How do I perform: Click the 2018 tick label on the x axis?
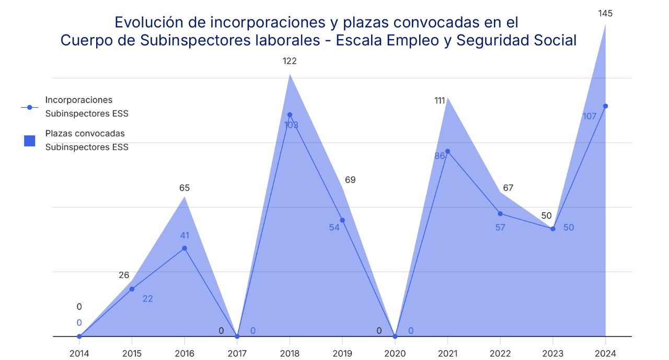coord(290,353)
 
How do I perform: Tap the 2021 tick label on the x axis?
coord(447,353)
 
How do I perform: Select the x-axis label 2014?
coord(79,353)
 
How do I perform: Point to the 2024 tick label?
coord(605,353)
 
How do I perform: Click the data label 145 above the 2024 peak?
coord(605,14)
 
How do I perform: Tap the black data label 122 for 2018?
coord(290,61)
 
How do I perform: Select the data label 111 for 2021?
coord(440,100)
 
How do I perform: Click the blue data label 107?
coord(589,117)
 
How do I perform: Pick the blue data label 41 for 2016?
coord(184,235)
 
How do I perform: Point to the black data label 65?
coord(184,188)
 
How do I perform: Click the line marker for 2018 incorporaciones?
coord(290,114)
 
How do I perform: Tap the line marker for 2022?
coord(500,214)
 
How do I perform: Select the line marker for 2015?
coord(132,289)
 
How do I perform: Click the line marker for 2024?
coord(605,106)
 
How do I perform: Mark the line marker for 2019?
coord(342,220)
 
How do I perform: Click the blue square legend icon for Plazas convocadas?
coord(30,141)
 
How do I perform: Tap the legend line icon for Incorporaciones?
coord(30,107)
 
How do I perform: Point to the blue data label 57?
coord(500,227)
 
